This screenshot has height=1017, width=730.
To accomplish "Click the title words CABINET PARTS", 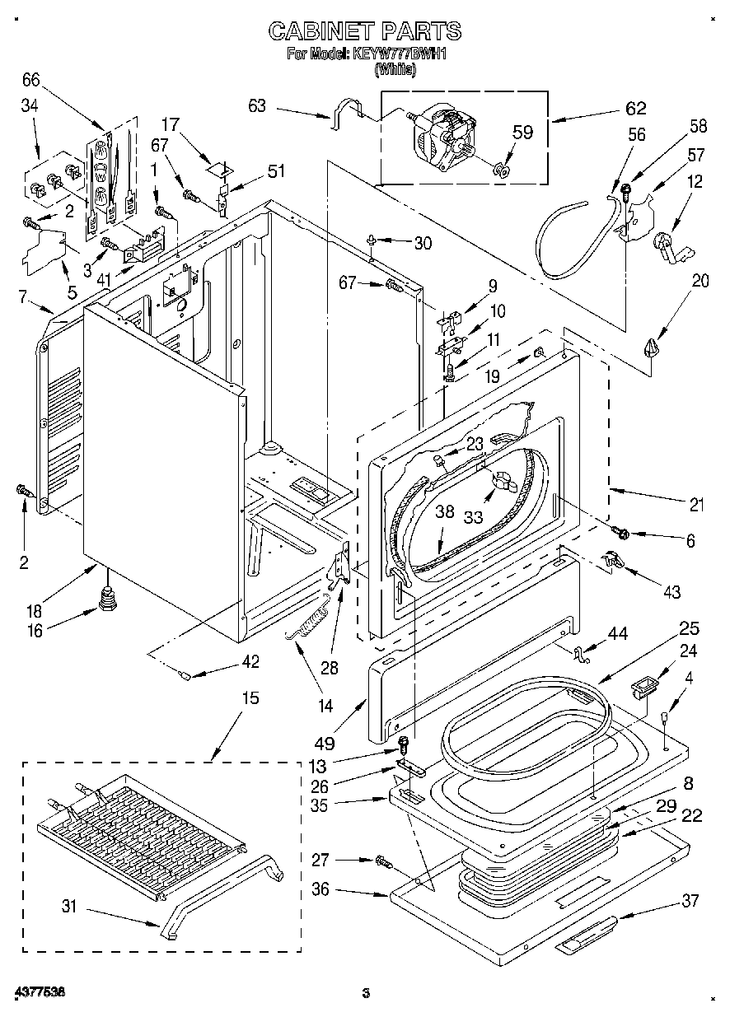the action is pos(365,31).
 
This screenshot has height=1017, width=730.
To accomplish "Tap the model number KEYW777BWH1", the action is pos(400,54).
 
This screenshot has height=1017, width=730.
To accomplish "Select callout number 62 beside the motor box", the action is pos(635,109).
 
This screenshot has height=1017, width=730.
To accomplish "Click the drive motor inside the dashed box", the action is pos(443,142).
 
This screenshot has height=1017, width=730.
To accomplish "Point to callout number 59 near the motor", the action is pos(522,132).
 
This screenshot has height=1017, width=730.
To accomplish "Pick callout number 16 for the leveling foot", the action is pos(35,630).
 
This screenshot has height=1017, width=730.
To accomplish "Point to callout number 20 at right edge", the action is pos(700,281).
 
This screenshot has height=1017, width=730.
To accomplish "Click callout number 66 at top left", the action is pos(31,80).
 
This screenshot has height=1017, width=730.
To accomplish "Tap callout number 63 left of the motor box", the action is pos(257,105).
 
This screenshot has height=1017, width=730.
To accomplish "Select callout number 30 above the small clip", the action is pos(423,243).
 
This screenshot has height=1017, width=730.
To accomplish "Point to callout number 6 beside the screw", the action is pos(690,540).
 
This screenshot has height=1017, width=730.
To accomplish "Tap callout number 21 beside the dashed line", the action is pos(696,505).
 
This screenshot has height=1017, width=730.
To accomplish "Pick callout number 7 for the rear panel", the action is pos(23,296).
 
